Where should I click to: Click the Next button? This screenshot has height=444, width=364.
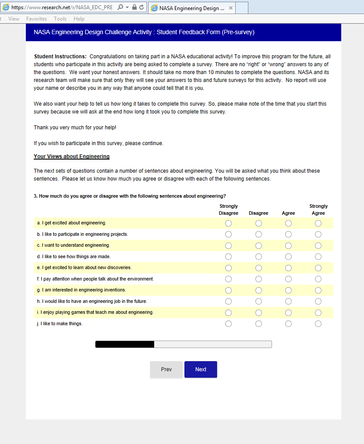click(x=201, y=369)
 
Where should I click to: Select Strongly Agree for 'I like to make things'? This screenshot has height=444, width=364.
click(x=318, y=324)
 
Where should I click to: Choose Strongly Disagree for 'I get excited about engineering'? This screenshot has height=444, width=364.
click(x=228, y=224)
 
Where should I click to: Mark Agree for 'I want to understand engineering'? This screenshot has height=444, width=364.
click(x=288, y=246)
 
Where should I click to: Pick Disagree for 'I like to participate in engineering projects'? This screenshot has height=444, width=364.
click(x=258, y=234)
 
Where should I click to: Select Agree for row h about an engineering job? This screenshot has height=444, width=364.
click(x=288, y=302)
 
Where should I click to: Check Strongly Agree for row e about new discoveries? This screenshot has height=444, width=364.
click(x=318, y=268)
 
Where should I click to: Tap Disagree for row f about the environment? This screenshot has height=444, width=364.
click(x=258, y=279)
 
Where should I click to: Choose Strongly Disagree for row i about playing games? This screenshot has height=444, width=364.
click(x=228, y=313)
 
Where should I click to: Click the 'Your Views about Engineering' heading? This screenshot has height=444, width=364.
click(x=71, y=156)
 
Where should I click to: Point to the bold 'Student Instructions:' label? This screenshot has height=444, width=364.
click(x=60, y=57)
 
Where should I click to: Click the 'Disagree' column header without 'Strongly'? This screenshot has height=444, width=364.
click(x=258, y=213)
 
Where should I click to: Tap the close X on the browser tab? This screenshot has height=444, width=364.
click(x=231, y=8)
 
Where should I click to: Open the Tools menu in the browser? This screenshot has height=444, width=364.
click(x=60, y=19)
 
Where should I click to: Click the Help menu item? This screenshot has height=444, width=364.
click(x=79, y=19)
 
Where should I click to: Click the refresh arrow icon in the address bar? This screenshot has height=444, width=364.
click(x=141, y=7)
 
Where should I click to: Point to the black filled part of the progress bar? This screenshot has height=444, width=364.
click(x=125, y=345)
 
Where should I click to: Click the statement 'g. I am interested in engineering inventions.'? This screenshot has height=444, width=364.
click(x=81, y=290)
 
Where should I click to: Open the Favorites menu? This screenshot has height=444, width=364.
click(x=37, y=19)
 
